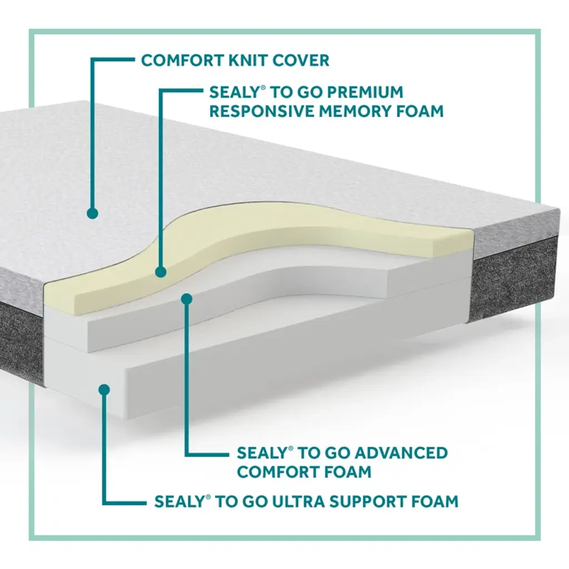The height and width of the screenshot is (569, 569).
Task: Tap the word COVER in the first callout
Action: pos(303,60)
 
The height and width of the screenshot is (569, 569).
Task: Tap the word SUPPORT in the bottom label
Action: pos(366,501)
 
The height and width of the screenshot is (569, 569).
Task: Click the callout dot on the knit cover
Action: pos(93,213)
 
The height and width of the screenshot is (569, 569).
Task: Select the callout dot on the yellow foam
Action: pos(161,272)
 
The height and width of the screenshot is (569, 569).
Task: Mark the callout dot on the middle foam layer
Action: pos(187,299)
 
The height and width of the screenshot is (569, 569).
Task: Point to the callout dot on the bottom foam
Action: pos(103,389)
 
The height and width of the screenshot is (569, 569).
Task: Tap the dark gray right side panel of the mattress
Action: pos(514,278)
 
